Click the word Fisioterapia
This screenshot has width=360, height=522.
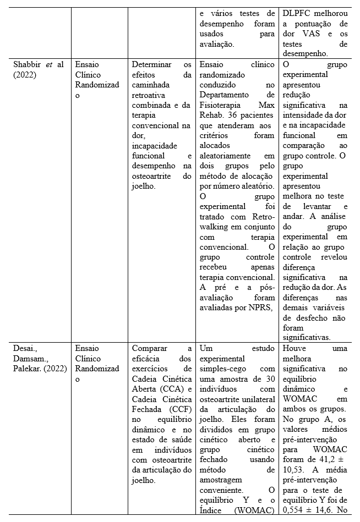pos(225,105)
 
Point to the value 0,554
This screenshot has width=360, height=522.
pos(294,509)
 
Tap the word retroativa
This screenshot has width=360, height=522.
pos(150,95)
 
